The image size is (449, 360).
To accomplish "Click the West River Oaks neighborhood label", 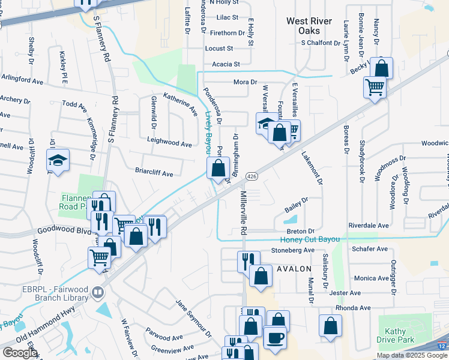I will (309, 26).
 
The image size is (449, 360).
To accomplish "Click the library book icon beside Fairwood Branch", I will (98, 293).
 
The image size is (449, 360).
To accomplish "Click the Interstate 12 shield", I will (442, 347).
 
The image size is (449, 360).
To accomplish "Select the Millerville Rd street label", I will (244, 213).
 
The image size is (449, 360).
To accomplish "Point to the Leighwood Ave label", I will (169, 144).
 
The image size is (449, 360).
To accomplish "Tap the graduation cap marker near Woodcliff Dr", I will (58, 160).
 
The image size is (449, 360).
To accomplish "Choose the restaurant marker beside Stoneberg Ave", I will (249, 261).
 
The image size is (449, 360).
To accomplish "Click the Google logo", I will (20, 353).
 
